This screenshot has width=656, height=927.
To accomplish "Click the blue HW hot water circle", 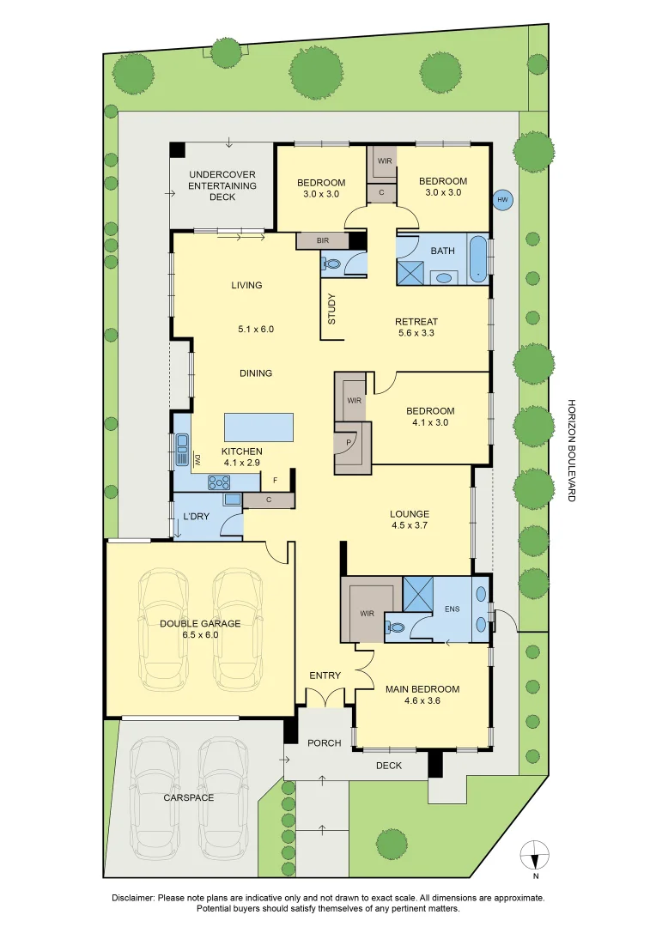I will coord(503,200).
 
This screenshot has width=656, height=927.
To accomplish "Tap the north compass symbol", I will coord(535,857).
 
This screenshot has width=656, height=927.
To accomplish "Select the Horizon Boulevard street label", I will coord(571,450).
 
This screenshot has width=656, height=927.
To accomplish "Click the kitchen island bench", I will coord(258,427).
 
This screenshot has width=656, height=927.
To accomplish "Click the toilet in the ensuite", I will coord(395,627).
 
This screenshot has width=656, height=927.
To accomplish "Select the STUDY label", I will coord(331,310).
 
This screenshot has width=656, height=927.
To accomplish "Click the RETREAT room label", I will coord(416,322).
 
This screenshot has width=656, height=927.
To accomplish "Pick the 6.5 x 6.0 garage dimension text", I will coord(200,635).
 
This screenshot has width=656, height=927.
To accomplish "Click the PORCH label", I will coord(325,742).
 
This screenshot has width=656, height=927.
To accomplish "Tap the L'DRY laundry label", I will coord(197,517).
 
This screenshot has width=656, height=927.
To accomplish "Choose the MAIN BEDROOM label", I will coord(422,689).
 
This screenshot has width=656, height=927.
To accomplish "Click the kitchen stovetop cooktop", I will coord(216,484).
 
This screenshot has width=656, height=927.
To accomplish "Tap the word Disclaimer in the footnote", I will coord(132,897).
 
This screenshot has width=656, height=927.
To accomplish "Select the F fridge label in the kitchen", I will coord(275,480).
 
